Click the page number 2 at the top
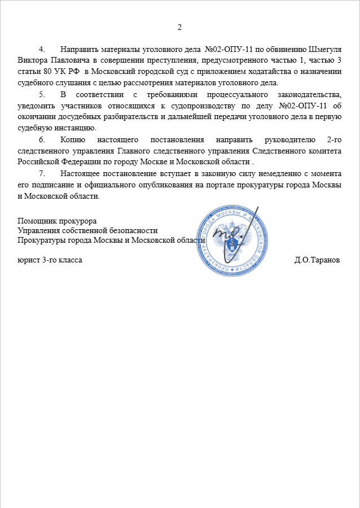pyautogui.click(x=180, y=27)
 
